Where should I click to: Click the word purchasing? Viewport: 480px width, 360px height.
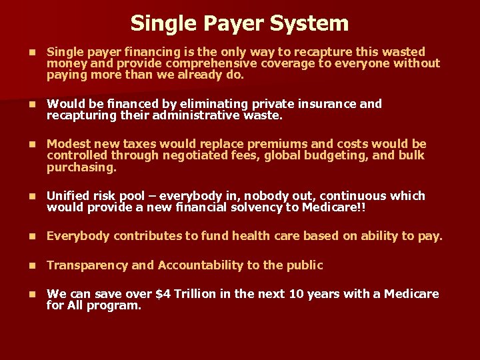tap(81, 167)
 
